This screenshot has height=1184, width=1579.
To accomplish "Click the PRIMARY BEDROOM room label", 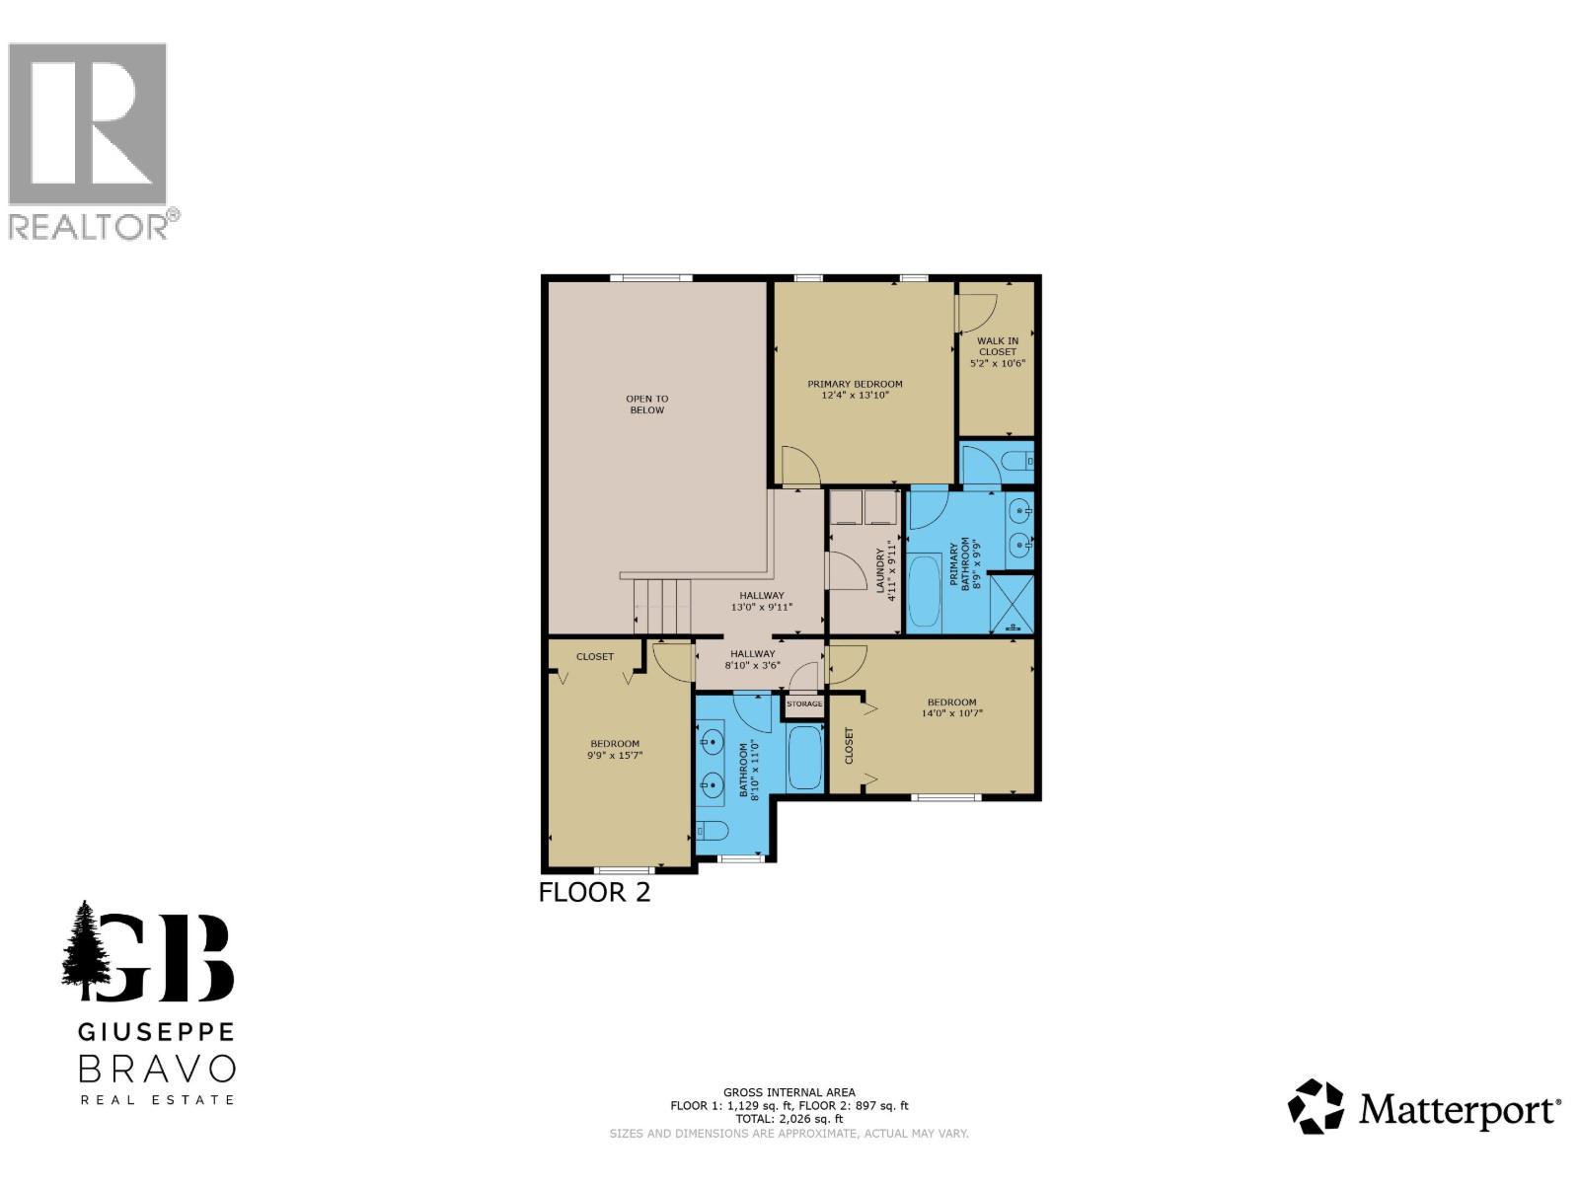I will click(x=855, y=384).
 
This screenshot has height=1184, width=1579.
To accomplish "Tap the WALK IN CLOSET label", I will click(x=998, y=346).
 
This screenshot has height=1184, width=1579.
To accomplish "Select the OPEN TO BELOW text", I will click(x=646, y=405).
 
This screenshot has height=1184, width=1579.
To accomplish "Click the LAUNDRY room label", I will click(x=881, y=571).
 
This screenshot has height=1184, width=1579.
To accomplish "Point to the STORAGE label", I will click(x=804, y=703).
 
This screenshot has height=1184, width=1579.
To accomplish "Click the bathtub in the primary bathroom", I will click(x=925, y=591).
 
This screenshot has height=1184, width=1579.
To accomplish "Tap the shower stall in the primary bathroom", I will click(x=1012, y=603).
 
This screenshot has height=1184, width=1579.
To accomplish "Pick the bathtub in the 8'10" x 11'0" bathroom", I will click(x=805, y=758).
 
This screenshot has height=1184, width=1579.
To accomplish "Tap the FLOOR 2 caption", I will click(x=594, y=892).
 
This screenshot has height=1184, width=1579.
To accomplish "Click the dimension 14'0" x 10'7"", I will click(x=951, y=713).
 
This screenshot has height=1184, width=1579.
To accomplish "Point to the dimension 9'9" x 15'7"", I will click(x=615, y=756).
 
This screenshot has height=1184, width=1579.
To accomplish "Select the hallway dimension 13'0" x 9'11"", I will click(x=761, y=608).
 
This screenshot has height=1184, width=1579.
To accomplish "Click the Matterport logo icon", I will click(x=1316, y=1106).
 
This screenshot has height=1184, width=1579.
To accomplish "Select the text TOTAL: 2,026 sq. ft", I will click(x=789, y=1119).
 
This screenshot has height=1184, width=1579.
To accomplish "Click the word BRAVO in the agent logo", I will click(x=157, y=1069).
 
